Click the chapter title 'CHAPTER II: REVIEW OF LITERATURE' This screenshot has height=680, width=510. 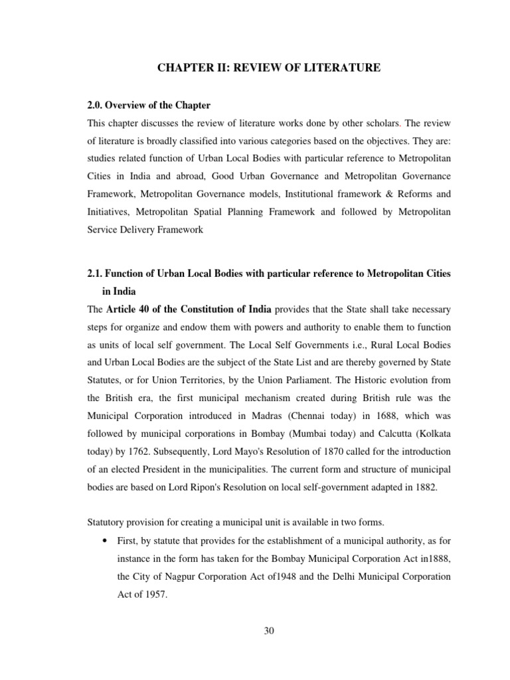coord(269,67)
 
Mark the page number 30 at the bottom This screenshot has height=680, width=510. coord(269,631)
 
